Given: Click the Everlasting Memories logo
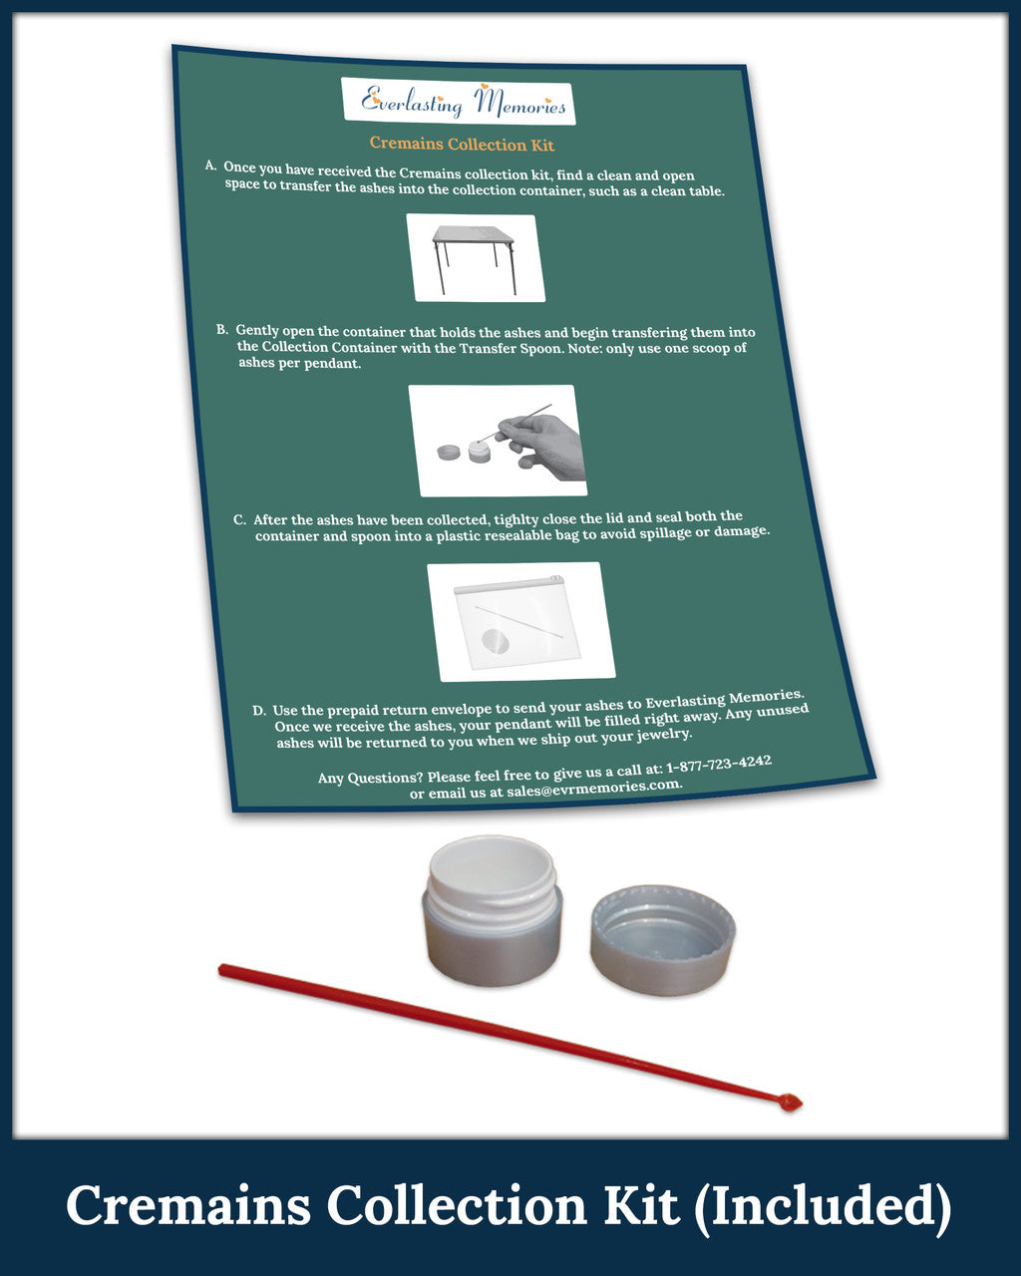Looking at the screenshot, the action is coord(458,102).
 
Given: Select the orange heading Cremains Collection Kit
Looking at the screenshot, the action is coord(462,145).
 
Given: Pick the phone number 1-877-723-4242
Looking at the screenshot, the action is coord(719,765).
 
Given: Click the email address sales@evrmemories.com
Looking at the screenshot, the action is coord(593,788).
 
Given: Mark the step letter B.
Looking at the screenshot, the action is coord(222,329).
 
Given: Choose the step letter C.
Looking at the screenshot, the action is coord(239,520).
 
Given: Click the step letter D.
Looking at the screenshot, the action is coord(259,711).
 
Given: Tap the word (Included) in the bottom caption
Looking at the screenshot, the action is coord(823,1206).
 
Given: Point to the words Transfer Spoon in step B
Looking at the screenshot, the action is coord(510,348).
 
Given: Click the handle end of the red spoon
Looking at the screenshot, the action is coord(222,971).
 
